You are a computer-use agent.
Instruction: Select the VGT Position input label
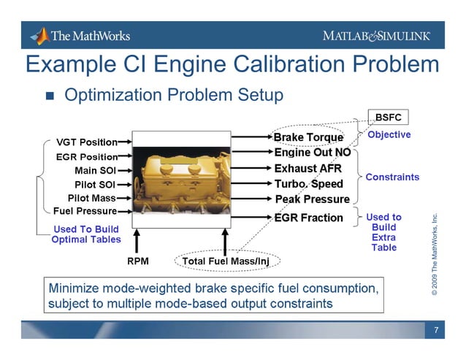pos(87,142)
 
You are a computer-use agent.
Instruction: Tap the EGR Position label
pos(87,156)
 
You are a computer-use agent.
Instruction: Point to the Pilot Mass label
pos(92,198)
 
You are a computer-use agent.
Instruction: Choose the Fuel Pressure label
pos(85,212)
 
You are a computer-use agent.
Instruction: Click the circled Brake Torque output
pos(308,137)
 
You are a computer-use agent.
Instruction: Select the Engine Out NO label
pos(312,153)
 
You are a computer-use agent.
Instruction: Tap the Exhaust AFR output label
pos(308,169)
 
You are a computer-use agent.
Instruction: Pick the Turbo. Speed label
pos(308,184)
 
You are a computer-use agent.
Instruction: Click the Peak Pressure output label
pos(312,199)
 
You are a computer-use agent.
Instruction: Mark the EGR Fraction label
pos(308,218)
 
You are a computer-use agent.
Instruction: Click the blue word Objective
pos(389,135)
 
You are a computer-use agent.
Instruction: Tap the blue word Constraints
pos(392,177)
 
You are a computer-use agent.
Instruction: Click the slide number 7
pos(436,331)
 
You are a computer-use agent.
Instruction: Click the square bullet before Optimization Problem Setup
pos(50,96)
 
